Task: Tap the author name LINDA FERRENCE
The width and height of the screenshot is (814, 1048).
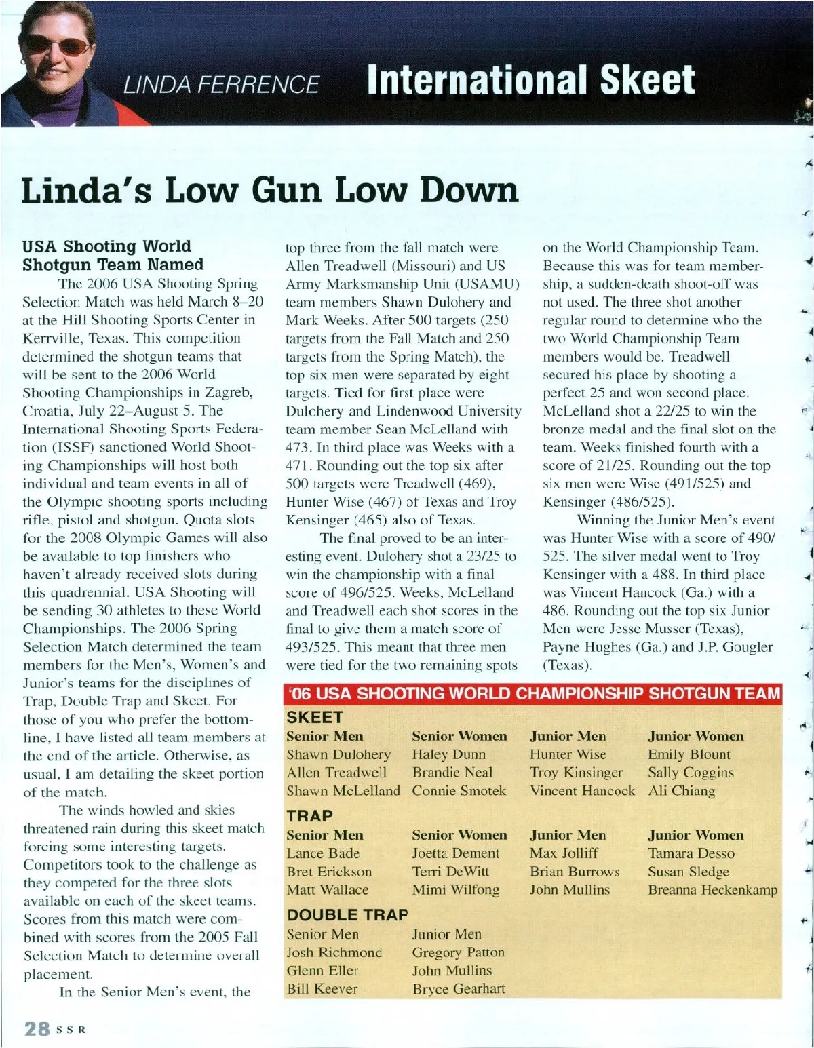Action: (x=220, y=84)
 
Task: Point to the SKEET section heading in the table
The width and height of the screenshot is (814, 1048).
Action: (x=315, y=717)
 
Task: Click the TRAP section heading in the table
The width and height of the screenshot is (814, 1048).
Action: (x=309, y=816)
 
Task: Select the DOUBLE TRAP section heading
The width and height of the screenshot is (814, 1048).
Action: (x=347, y=915)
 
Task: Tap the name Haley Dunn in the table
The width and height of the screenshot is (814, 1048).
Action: (x=448, y=754)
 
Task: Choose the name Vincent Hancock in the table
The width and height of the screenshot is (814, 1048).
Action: (x=582, y=790)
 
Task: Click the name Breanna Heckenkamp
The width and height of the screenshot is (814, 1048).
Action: (x=712, y=889)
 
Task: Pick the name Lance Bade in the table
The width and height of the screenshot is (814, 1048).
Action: (x=323, y=853)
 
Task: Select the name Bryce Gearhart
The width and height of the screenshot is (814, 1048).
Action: (x=459, y=988)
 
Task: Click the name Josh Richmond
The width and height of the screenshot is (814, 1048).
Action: (x=334, y=952)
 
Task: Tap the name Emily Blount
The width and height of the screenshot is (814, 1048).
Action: (x=689, y=754)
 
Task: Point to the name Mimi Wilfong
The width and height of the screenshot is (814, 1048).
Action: (x=455, y=889)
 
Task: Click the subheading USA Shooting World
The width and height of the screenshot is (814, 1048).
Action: (x=106, y=246)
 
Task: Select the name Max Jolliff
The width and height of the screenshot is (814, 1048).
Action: (x=564, y=853)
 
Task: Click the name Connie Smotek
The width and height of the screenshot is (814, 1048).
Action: (x=459, y=790)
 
